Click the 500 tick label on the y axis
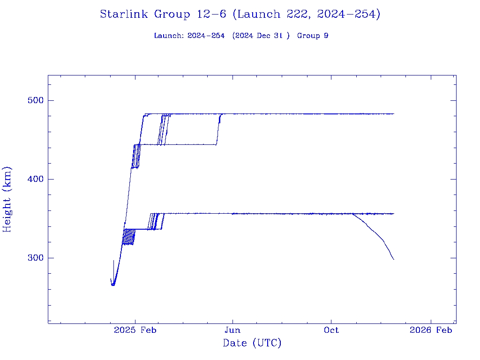[34, 100]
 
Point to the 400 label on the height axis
[34, 179]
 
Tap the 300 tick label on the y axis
[34, 258]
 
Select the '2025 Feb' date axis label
[135, 330]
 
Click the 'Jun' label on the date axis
[232, 330]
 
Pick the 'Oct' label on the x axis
[331, 330]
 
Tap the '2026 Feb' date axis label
[431, 330]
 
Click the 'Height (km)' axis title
[7, 199]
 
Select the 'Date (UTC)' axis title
[252, 343]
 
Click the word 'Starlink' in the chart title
[124, 15]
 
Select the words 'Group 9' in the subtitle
[313, 36]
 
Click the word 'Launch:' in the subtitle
[169, 36]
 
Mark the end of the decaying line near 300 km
[394, 259]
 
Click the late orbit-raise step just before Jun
[218, 129]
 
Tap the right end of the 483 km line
[394, 114]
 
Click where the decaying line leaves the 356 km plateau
[352, 214]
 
